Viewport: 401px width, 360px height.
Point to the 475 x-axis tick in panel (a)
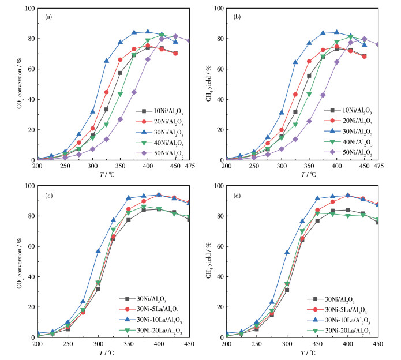189,167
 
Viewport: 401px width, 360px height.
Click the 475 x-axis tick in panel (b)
378,167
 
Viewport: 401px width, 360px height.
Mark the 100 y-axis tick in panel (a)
29,9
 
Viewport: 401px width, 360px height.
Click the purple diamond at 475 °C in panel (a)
189,41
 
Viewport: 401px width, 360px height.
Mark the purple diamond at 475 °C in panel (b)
378,44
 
